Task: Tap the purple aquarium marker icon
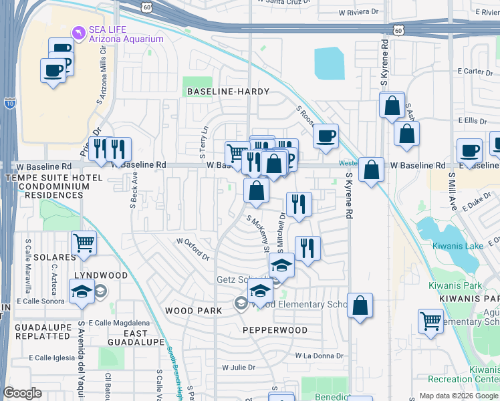(x=79, y=31)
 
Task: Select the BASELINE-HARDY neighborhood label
(x=228, y=91)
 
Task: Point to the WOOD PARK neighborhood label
(x=193, y=311)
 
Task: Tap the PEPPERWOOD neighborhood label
(x=275, y=330)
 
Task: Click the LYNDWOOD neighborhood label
(x=100, y=275)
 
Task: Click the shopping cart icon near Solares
(x=84, y=243)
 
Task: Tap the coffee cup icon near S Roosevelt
(x=326, y=136)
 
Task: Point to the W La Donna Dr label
(x=318, y=356)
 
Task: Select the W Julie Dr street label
(x=239, y=367)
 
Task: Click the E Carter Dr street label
(x=470, y=72)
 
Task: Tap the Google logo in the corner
(x=22, y=394)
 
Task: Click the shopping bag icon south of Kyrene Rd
(x=360, y=305)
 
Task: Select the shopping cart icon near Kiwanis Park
(x=431, y=321)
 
